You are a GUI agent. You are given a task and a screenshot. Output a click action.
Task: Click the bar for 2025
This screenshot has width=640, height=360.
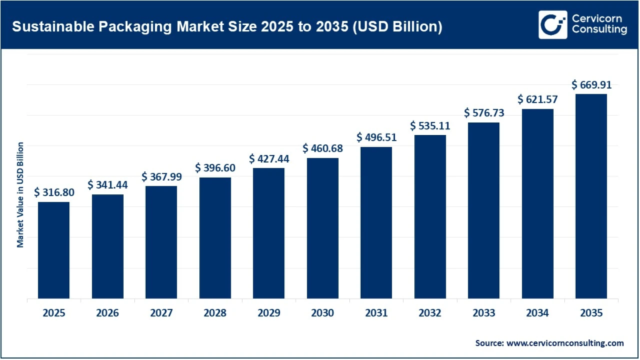(x=54, y=250)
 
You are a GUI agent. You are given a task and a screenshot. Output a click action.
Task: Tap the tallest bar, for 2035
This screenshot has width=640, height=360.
(x=591, y=196)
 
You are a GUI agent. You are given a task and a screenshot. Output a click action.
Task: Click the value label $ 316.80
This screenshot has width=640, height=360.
(x=54, y=192)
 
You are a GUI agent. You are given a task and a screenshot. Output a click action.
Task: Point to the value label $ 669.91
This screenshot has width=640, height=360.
(x=591, y=84)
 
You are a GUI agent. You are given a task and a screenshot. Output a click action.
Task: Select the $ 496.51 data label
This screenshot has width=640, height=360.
(x=376, y=137)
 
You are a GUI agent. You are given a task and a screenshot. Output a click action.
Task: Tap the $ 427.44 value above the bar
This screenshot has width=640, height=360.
(x=269, y=159)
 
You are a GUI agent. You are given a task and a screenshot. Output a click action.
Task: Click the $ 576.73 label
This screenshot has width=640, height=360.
(x=484, y=113)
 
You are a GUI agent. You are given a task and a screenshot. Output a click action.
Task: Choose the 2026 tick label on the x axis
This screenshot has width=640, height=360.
(x=107, y=313)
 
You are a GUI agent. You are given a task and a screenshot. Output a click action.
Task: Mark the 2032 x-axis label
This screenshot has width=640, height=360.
(x=430, y=313)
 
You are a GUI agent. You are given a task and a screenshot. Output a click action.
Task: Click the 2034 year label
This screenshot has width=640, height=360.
(x=537, y=313)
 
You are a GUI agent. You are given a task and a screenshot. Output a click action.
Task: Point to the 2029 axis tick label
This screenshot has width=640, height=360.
(x=269, y=313)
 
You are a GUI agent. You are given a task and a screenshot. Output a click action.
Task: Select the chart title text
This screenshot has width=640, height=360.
(x=227, y=27)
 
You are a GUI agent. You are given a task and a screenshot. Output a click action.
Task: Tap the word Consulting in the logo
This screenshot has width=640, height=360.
(x=599, y=31)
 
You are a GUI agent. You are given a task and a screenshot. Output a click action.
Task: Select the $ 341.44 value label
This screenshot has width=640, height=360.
(x=107, y=184)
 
